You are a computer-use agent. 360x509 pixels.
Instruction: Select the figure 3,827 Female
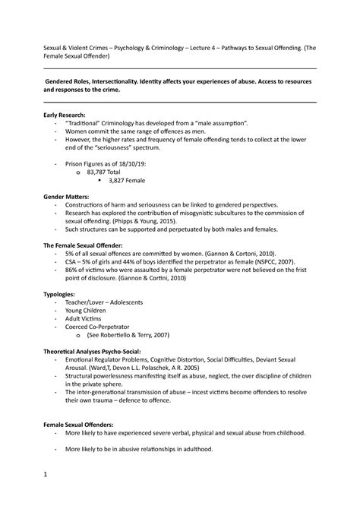[128, 181]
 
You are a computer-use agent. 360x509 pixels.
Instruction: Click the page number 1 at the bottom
[47, 478]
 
